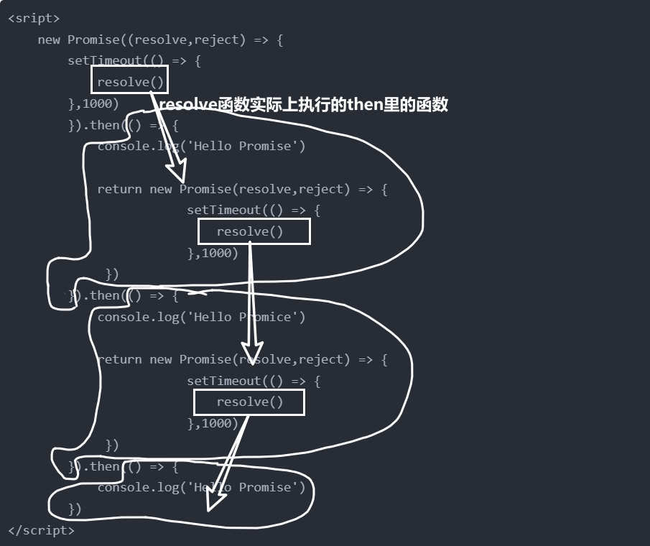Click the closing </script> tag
coord(41,530)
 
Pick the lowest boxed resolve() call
coord(249,402)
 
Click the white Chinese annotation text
coord(303,105)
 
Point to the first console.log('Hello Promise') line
coord(201,147)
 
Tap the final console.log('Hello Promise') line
coord(201,487)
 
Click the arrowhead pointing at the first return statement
coord(177,172)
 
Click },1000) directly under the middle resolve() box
coord(212,253)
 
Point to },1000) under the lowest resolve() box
coord(212,424)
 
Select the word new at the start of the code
coord(49,40)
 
